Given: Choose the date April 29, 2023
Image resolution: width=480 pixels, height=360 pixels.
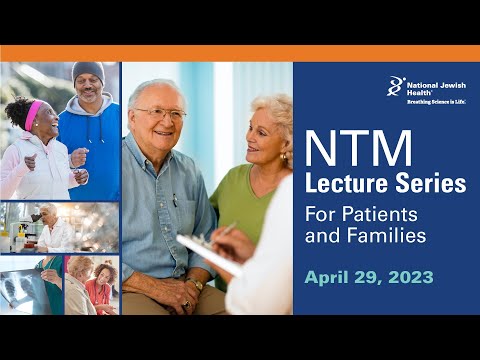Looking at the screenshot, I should tap(369, 277).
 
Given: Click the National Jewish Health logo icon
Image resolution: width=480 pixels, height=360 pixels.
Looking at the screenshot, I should tap(397, 86).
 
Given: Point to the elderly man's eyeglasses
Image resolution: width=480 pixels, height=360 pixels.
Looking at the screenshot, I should tap(160, 113).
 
